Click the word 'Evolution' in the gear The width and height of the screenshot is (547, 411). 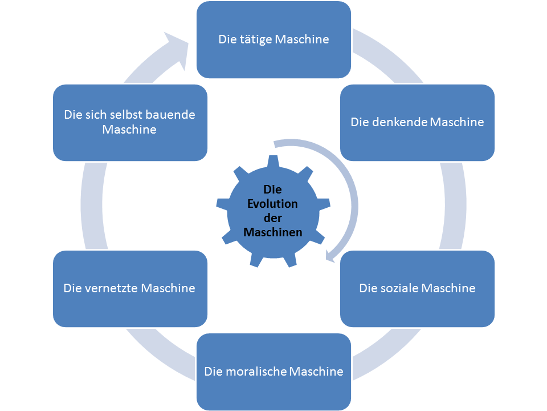pos(273,204)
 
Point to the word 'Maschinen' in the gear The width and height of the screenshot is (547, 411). pos(273,232)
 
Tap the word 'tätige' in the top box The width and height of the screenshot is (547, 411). pos(257,40)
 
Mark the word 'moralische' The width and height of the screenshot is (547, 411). pos(255,372)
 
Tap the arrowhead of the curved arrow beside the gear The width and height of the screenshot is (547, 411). pos(330,256)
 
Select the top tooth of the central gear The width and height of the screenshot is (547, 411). pos(273,162)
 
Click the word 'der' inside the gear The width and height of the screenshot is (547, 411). pos(273,218)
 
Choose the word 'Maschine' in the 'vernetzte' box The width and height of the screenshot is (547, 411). pos(168,288)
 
